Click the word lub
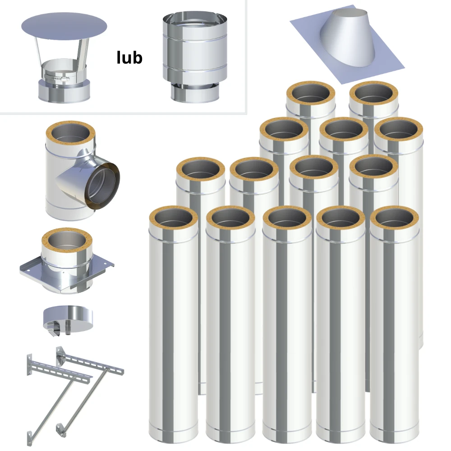click(x=129, y=58)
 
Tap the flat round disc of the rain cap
click(x=64, y=27)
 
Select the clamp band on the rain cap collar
click(x=57, y=77)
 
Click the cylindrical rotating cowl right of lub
click(x=195, y=57)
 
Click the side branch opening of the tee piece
click(x=102, y=186)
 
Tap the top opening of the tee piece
click(x=70, y=134)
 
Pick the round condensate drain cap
click(x=68, y=318)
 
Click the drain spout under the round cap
click(x=68, y=329)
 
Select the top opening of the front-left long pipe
click(x=174, y=218)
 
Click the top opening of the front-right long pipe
click(x=394, y=218)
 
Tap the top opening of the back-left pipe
click(x=311, y=93)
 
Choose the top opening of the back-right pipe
click(x=374, y=93)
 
